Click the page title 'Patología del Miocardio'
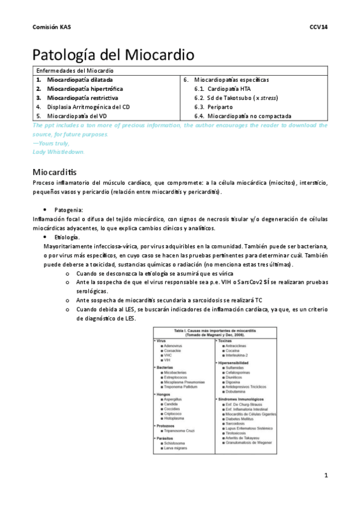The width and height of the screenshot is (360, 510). tap(113, 55)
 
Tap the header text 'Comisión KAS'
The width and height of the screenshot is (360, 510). tap(50, 28)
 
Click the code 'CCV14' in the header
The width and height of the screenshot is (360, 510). tap(318, 28)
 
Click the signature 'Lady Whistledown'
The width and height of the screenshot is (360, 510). tap(59, 152)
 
